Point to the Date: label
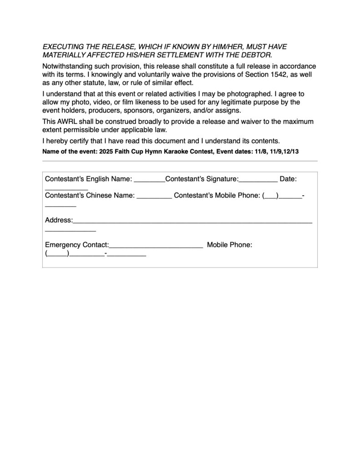[288, 179]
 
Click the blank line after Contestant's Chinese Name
[154, 197]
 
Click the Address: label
[59, 220]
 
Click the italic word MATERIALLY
[64, 55]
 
